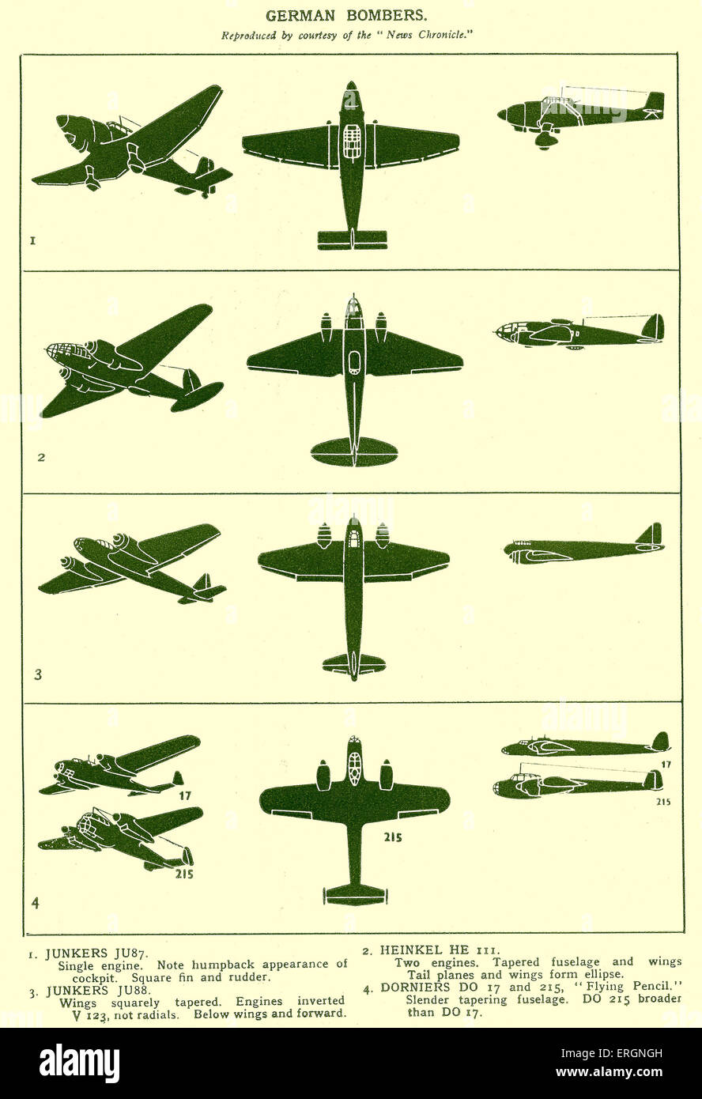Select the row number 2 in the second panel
42,457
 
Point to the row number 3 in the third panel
37,674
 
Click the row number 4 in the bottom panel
35,902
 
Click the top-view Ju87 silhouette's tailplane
352,238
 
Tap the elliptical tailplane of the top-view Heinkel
353,451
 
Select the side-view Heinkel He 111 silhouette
578,332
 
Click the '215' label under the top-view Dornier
392,837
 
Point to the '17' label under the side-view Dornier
666,765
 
